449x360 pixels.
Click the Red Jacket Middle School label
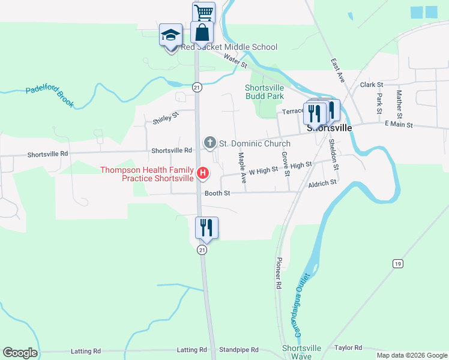pos(229,47)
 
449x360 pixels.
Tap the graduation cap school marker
pos(170,35)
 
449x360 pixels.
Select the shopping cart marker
pos(203,12)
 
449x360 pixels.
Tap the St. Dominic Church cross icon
pos(209,143)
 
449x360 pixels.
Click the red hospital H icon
pos(203,174)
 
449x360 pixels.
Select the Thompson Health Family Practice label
pos(147,174)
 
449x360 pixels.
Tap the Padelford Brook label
pos(50,96)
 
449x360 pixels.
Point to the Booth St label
pos(217,193)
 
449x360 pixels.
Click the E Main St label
pos(399,125)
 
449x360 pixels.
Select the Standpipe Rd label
pos(238,349)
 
